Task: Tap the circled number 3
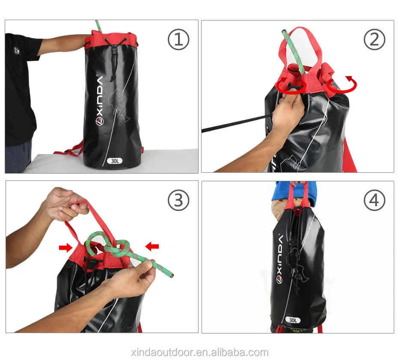tap(178, 200)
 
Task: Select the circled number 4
tap(374, 200)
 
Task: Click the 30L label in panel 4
tap(294, 320)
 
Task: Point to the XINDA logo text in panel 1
tap(99, 101)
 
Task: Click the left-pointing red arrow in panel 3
tap(152, 246)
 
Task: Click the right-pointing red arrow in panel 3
tap(66, 247)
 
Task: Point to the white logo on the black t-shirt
tap(17, 50)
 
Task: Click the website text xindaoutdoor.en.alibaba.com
tap(199, 353)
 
